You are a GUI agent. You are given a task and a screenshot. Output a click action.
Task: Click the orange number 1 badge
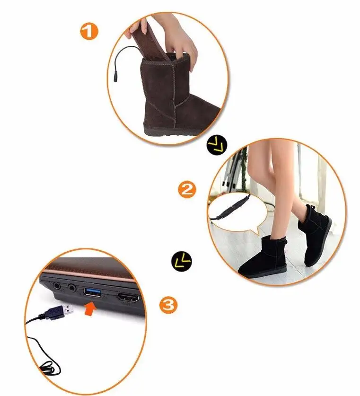(89, 32)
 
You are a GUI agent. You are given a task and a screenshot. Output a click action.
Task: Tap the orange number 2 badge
(187, 190)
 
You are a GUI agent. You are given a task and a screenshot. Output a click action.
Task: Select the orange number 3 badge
(168, 305)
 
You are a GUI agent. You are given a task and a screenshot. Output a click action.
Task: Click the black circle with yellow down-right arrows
(217, 145)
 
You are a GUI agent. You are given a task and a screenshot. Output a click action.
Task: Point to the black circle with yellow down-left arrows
(182, 261)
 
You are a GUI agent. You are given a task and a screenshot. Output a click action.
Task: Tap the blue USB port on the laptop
(93, 293)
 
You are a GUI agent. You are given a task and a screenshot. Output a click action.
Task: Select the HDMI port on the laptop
(128, 298)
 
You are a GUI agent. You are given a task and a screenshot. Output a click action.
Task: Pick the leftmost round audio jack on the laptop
(57, 286)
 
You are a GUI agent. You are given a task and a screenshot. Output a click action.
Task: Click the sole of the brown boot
(172, 132)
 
